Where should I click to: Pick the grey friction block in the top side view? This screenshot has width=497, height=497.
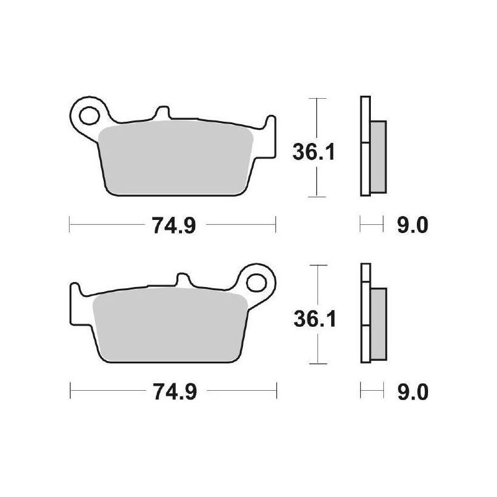click(378, 157)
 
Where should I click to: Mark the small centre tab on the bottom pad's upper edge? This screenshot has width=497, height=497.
click(183, 281)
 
